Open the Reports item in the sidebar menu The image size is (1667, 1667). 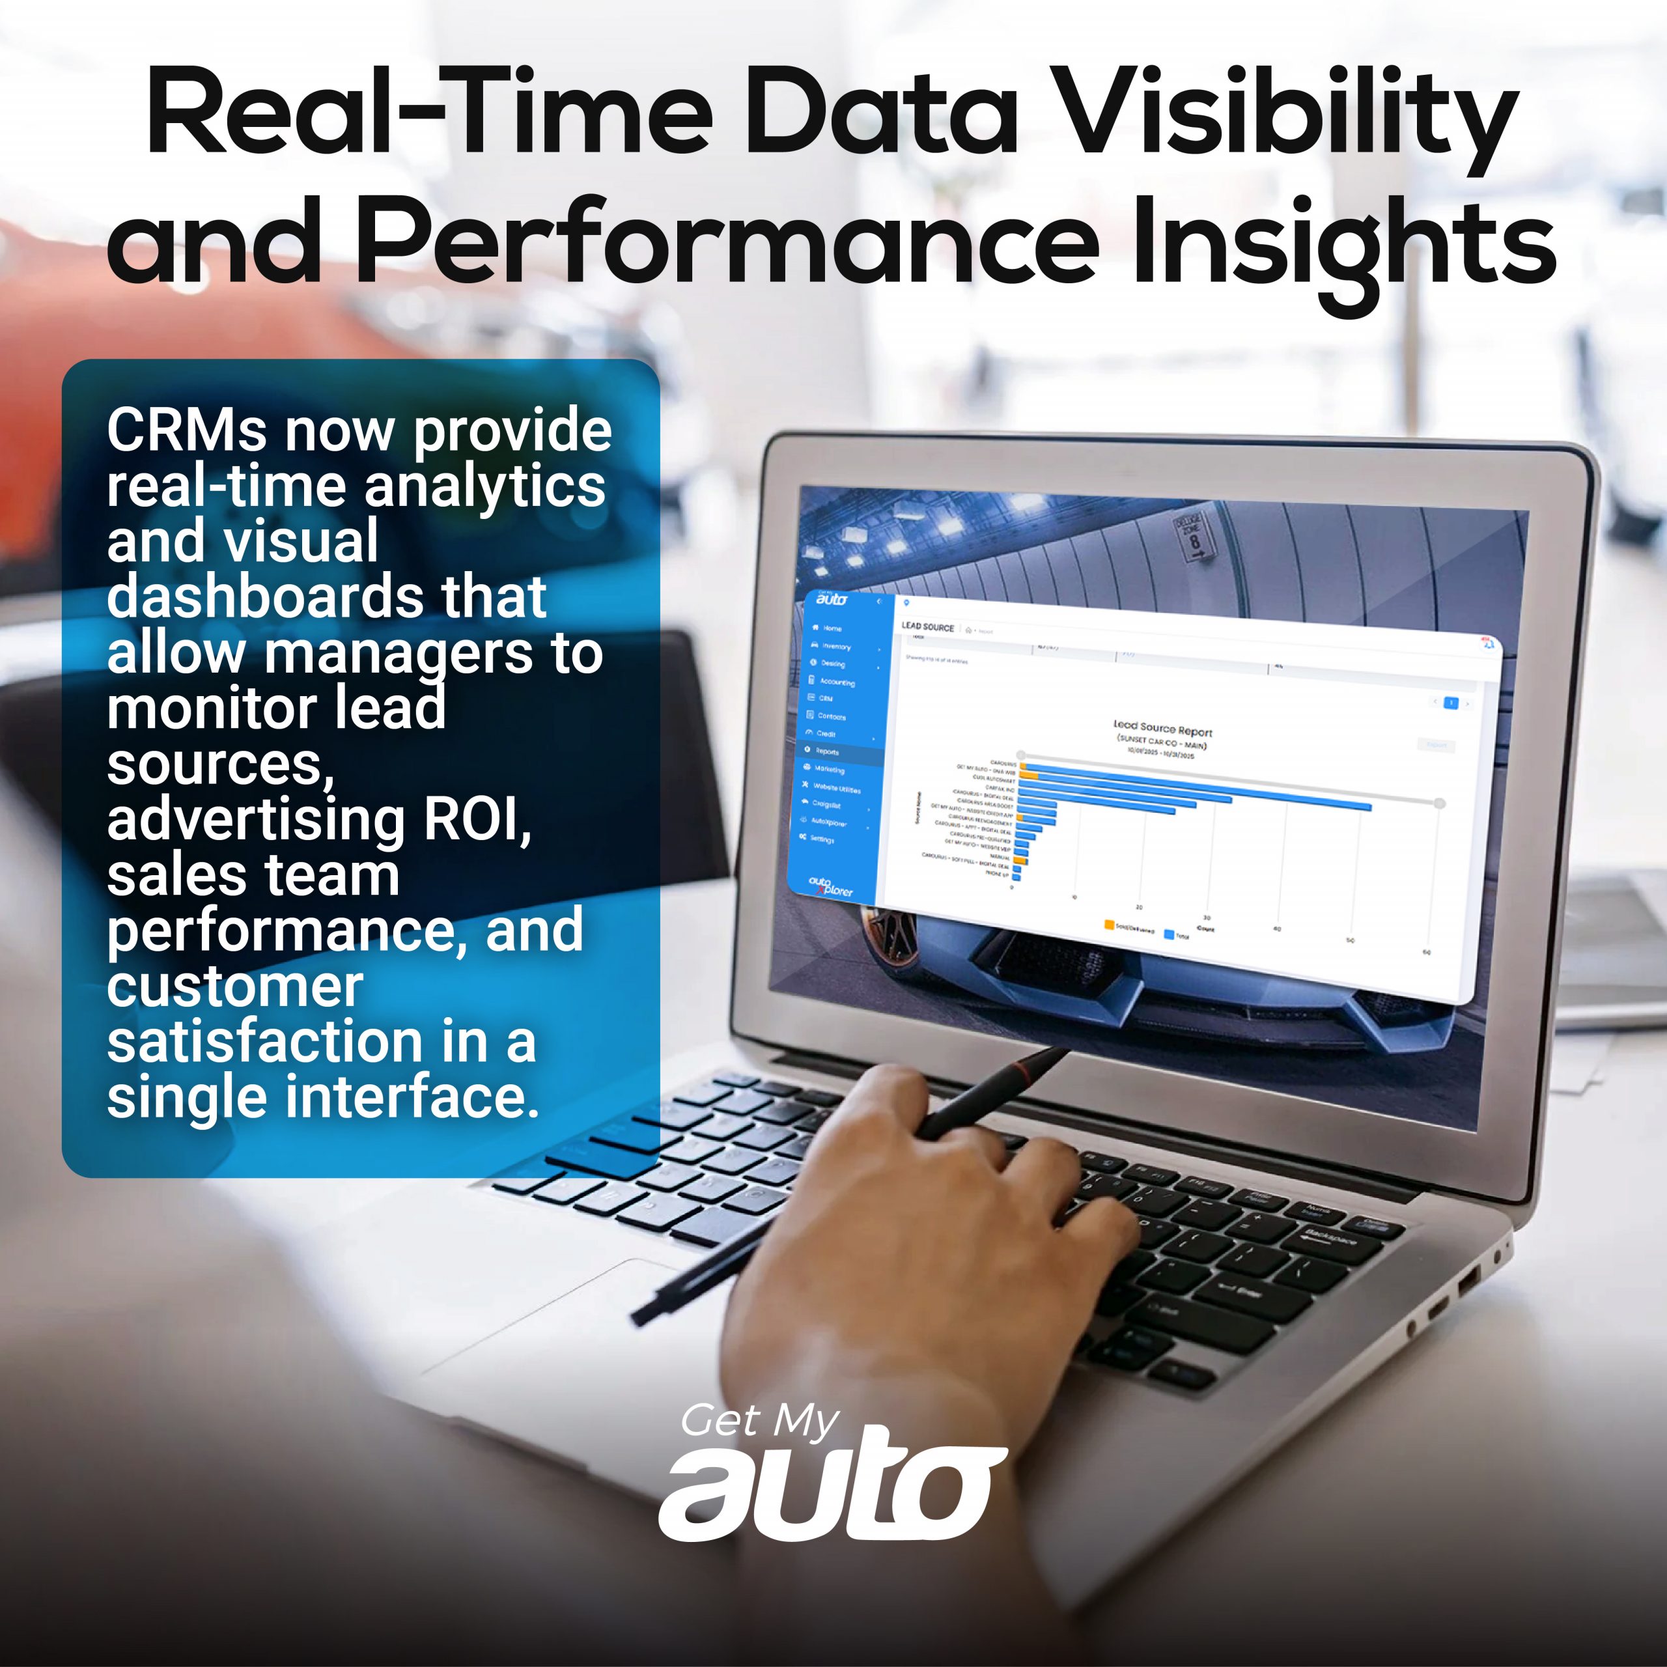point(826,751)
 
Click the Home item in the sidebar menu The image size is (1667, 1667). point(831,628)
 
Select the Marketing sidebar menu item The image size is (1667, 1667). point(828,769)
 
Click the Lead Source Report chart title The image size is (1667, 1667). point(1162,730)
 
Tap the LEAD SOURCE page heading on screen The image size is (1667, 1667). point(927,627)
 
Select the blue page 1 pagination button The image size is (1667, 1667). point(1451,703)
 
